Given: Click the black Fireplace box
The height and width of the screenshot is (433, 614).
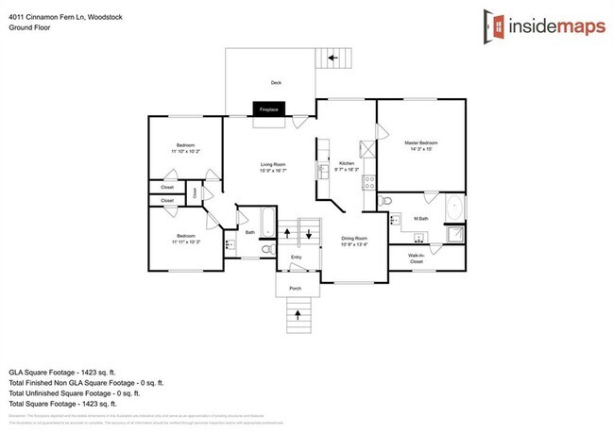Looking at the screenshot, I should (268, 109).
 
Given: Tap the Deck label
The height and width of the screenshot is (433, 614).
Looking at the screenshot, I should (276, 82).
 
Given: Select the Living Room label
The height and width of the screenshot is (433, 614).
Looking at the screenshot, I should (273, 164).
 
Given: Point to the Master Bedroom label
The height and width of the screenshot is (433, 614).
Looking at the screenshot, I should (421, 142).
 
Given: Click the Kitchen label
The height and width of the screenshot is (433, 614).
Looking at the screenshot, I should (346, 164).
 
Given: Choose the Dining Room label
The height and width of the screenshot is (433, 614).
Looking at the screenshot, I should (355, 239).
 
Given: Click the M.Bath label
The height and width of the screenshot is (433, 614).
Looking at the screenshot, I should (421, 218).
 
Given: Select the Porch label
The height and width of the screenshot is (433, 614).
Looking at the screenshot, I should (295, 287).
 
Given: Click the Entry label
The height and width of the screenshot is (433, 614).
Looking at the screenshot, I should (296, 257).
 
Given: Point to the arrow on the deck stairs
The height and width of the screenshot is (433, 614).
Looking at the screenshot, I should (332, 58).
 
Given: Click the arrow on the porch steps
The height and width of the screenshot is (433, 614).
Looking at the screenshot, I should (298, 311).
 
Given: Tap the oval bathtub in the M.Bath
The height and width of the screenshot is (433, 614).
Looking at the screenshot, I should (453, 207).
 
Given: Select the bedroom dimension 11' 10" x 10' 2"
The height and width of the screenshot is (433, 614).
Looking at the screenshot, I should (185, 151).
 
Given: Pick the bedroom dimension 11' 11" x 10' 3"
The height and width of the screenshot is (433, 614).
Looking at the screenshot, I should (185, 241).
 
